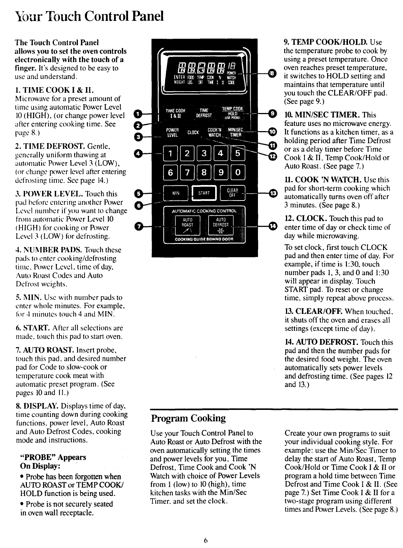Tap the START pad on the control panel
204,193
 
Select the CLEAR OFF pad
232,193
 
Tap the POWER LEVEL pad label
172,132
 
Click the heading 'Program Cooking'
188,418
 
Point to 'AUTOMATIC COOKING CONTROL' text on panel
204,211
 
